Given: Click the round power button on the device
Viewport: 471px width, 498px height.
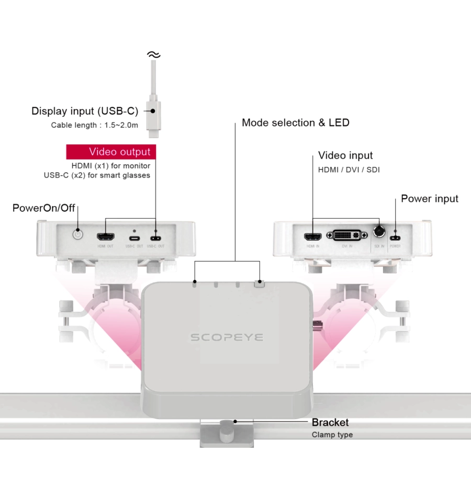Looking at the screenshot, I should (x=78, y=234).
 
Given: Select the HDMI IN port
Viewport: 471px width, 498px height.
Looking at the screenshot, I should (x=313, y=234).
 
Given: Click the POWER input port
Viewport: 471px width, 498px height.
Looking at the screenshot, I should (x=395, y=233).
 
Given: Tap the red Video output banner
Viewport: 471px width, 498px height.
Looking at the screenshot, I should (x=111, y=152).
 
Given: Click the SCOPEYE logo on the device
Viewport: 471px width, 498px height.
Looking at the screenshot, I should (x=226, y=337).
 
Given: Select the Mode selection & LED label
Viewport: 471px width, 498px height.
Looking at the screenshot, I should (x=295, y=123).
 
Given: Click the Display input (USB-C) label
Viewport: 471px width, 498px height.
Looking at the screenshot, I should (x=85, y=111).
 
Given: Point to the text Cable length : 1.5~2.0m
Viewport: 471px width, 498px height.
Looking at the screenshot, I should (x=94, y=125).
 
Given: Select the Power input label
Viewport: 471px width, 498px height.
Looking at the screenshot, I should (x=429, y=199).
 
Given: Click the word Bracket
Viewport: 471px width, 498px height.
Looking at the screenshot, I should (x=330, y=422).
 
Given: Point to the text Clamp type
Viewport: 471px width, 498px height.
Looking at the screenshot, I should (x=332, y=435).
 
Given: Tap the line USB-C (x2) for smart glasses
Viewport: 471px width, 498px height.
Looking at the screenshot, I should (x=97, y=175).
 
